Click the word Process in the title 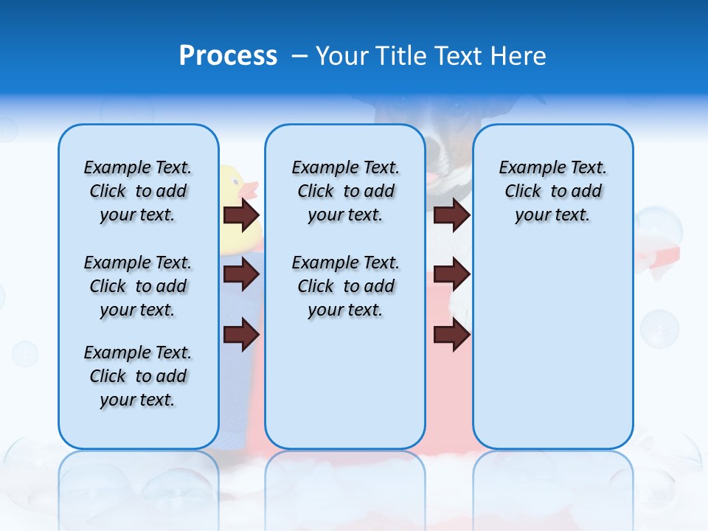click(228, 56)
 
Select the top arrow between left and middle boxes click(241, 215)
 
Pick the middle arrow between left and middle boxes click(241, 274)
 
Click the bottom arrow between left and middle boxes click(241, 334)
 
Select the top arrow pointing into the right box click(452, 215)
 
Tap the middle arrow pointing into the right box click(452, 274)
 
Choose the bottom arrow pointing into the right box click(452, 334)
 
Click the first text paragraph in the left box click(138, 191)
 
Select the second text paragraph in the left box click(138, 286)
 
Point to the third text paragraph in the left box click(138, 376)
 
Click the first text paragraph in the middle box click(345, 191)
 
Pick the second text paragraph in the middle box click(345, 286)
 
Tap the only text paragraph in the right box click(552, 191)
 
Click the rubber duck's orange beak click(249, 189)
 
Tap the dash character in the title click(300, 56)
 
